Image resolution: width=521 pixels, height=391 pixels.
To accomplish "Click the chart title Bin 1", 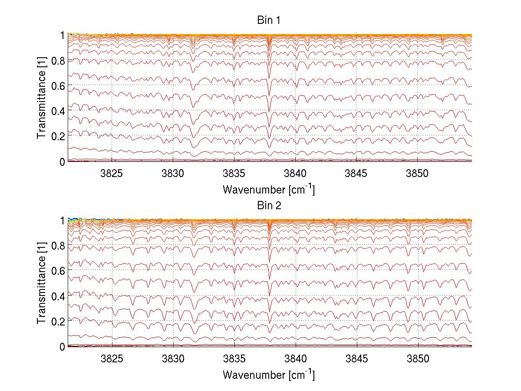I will pos(269,20).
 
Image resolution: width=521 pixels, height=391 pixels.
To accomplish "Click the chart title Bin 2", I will pos(269,206).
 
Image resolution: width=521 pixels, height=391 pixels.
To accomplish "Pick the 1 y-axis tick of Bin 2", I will pos(63,220).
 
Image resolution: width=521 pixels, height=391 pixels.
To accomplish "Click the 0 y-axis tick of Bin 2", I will pos(63,347).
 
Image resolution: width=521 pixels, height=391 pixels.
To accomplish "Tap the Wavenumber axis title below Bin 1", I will pos(269,190).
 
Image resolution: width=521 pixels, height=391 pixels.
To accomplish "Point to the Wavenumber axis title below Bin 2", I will pos(269,375).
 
